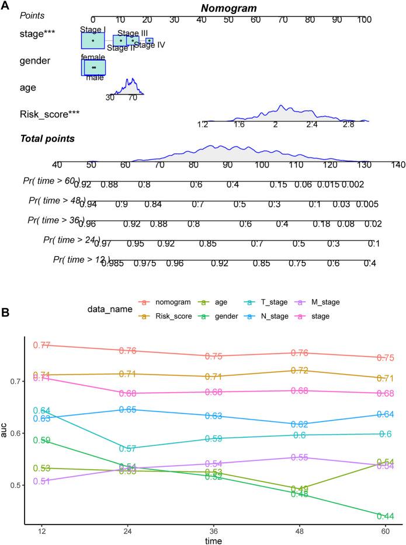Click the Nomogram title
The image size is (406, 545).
click(x=230, y=8)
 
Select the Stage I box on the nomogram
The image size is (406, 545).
click(x=93, y=40)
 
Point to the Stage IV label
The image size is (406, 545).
click(x=150, y=45)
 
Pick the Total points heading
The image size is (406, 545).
click(x=47, y=138)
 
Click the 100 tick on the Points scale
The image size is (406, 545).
click(x=365, y=19)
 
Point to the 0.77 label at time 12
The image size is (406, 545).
click(x=41, y=345)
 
